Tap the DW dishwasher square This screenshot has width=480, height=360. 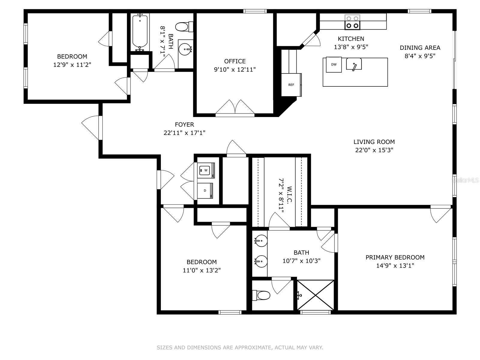click(x=334, y=64)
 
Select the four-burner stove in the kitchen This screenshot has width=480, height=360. click(x=352, y=22)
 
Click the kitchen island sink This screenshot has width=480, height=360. click(x=354, y=64)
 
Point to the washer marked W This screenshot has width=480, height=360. click(x=206, y=170)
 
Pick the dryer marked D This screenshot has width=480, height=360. click(x=205, y=190)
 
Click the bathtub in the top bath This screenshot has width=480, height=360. click(x=140, y=31)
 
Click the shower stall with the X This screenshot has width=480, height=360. click(x=316, y=295)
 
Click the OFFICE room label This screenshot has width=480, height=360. click(x=235, y=61)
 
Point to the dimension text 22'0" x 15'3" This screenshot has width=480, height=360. click(x=374, y=150)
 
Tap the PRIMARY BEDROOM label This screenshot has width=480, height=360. click(x=395, y=257)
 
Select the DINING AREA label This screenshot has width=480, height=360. click(x=420, y=48)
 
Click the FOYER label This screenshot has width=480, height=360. click(x=184, y=124)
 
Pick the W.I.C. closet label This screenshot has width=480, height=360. click(x=289, y=195)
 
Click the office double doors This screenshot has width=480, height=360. click(x=235, y=108)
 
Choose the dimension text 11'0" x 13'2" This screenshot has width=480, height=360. click(x=202, y=270)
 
